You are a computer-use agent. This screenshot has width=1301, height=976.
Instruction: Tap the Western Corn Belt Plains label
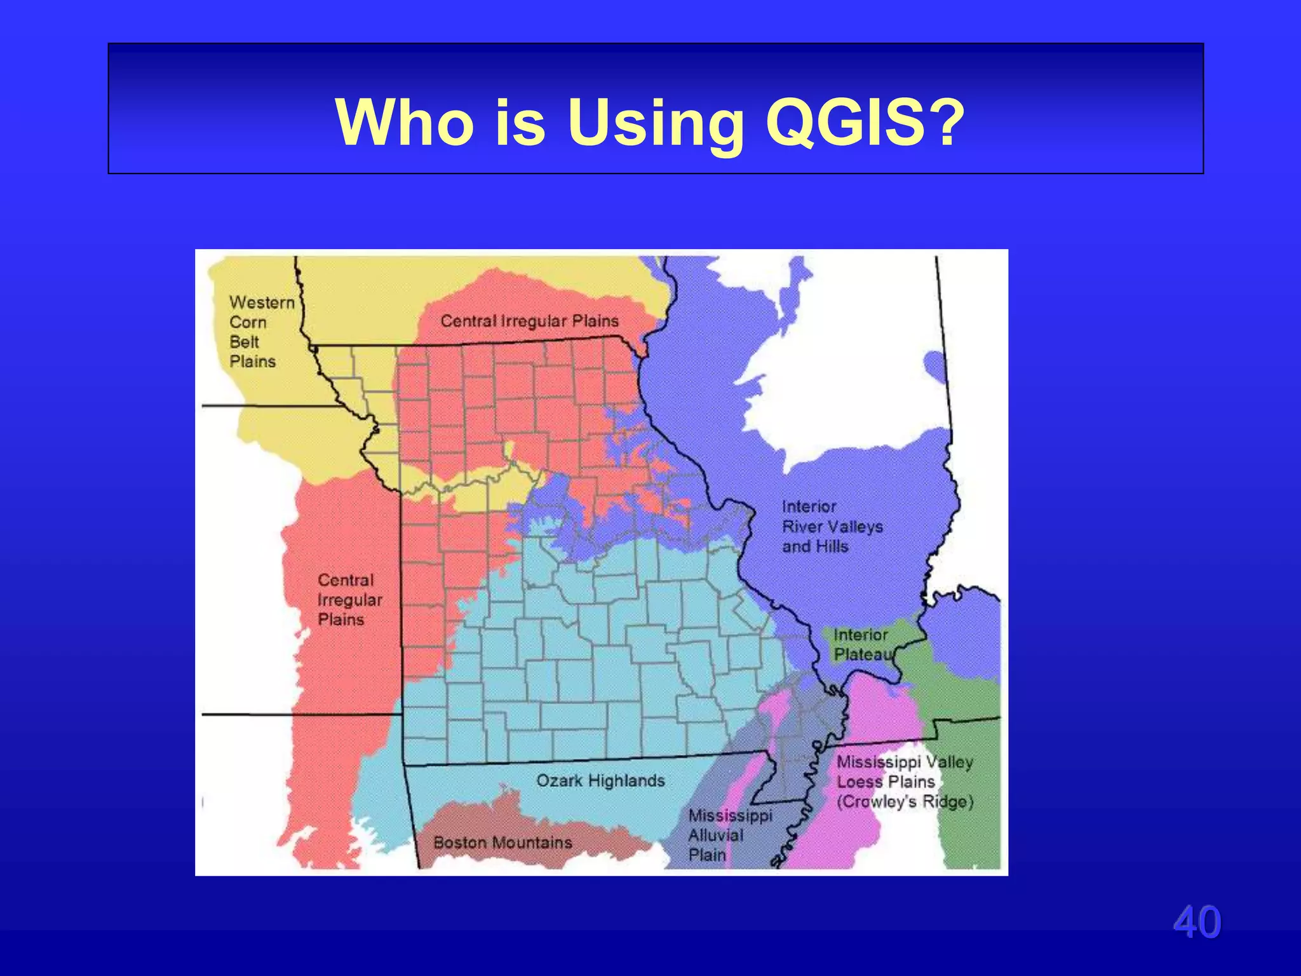tap(261, 332)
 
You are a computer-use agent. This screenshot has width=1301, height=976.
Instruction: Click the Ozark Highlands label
tap(600, 780)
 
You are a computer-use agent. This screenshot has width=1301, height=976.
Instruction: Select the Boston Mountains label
tap(502, 843)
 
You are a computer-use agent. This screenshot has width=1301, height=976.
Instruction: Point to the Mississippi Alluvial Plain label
tap(729, 835)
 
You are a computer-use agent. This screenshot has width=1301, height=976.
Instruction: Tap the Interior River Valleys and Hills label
tap(832, 526)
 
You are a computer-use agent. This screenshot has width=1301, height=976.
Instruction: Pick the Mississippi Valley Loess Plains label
tap(905, 782)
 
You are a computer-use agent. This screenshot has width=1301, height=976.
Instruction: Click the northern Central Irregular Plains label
tap(529, 321)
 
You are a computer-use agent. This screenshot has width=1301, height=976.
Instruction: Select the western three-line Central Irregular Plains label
tap(349, 600)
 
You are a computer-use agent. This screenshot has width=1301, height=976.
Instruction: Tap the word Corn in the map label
tap(248, 322)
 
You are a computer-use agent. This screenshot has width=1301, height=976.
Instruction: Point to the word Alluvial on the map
tap(715, 835)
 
